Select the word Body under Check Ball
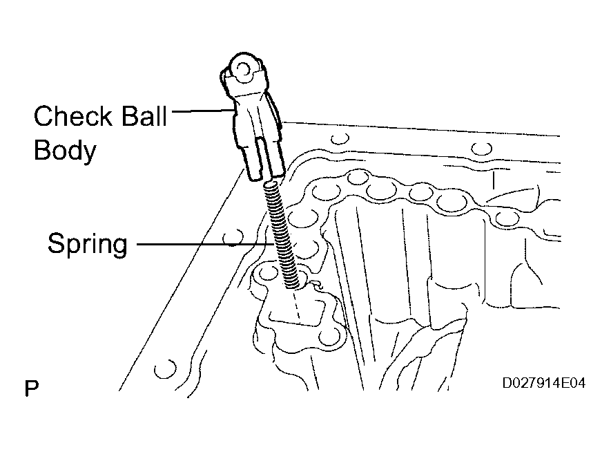(x=65, y=151)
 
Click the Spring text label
(x=87, y=243)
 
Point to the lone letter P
(x=31, y=388)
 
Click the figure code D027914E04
(x=543, y=382)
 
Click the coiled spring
(x=283, y=232)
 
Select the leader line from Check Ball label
(x=201, y=109)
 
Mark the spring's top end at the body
(x=271, y=182)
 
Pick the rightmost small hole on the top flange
(x=482, y=147)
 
